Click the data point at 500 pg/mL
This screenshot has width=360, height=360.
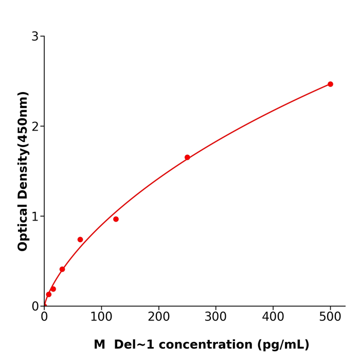[x=330, y=84]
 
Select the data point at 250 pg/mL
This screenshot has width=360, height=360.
[x=187, y=157]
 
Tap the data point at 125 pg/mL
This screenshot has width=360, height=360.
[x=116, y=219]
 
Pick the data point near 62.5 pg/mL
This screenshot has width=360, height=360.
[x=80, y=240]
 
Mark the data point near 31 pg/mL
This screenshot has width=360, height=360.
[x=62, y=269]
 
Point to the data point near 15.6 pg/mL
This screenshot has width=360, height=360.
[x=53, y=289]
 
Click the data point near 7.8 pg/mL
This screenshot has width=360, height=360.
[x=49, y=295]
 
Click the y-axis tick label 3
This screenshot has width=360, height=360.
[x=35, y=37]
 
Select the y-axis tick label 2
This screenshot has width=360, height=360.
[x=35, y=127]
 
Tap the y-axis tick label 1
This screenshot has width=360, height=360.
[x=35, y=217]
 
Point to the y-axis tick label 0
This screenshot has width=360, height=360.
[x=35, y=307]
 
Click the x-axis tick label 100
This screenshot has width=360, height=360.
[x=101, y=317]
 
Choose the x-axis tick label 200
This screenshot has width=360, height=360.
[x=158, y=317]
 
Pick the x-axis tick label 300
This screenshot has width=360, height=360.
[x=215, y=317]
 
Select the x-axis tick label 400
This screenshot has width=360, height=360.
[x=273, y=317]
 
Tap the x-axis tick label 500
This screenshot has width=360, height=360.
[x=330, y=317]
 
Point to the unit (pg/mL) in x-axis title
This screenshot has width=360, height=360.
[x=283, y=345]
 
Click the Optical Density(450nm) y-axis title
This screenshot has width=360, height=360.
[x=23, y=171]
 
